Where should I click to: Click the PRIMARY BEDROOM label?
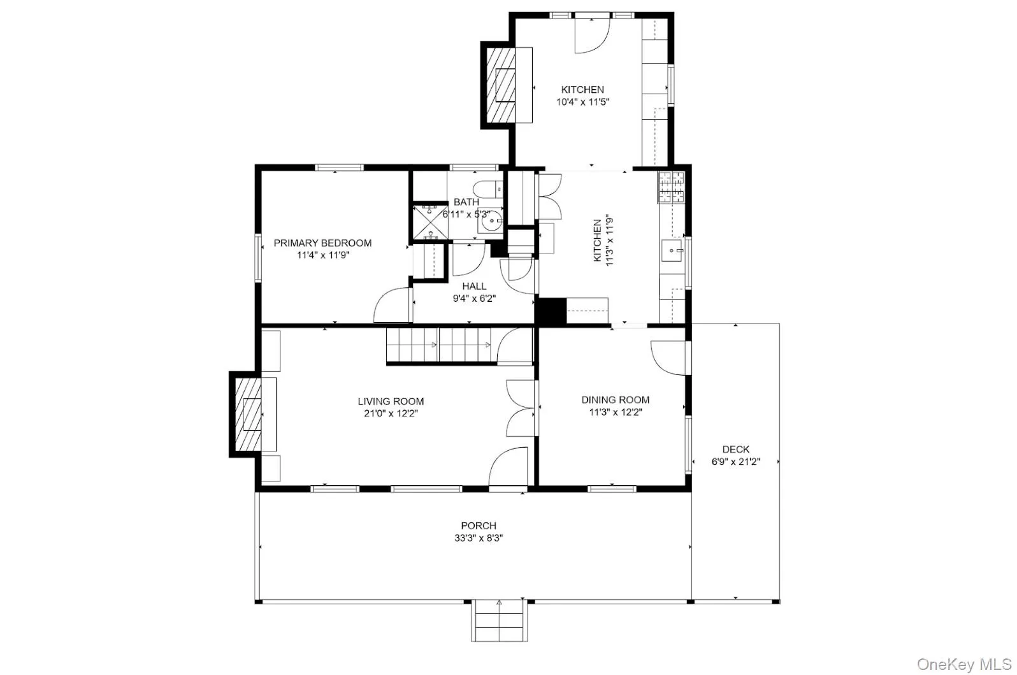tap(322, 243)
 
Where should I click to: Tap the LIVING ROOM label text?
tap(391, 401)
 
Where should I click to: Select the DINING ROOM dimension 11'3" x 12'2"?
tap(615, 412)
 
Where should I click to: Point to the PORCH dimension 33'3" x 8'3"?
tap(479, 538)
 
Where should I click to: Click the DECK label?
tap(735, 449)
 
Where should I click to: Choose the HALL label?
tap(474, 286)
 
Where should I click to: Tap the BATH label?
tap(466, 202)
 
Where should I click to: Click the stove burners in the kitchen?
tap(671, 187)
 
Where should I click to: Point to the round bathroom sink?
tap(491, 222)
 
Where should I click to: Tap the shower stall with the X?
tap(431, 221)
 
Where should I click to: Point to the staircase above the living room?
tap(440, 345)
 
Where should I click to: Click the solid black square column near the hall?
tap(551, 312)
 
